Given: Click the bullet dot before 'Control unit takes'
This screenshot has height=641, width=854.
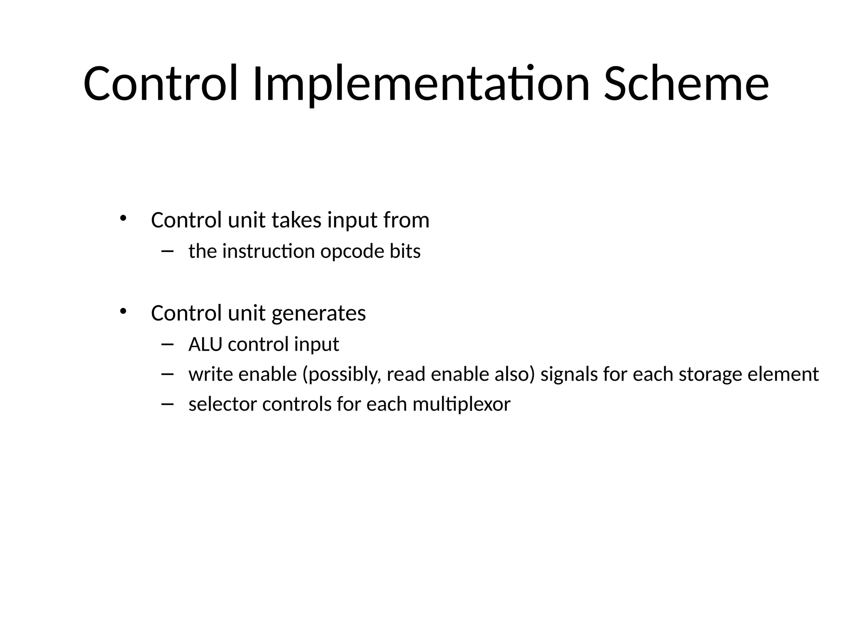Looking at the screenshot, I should pos(123,218).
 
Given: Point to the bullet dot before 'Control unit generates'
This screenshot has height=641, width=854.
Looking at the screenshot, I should pos(123,311).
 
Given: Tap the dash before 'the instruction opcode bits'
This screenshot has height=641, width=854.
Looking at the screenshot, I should pos(167,251).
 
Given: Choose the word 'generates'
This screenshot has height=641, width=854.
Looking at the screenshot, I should pos(319,313).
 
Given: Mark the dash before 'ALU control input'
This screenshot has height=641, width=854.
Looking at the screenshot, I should pos(167,344).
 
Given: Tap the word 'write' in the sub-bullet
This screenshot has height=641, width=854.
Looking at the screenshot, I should pos(210,374).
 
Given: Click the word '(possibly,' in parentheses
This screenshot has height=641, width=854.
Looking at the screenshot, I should pos(342,374).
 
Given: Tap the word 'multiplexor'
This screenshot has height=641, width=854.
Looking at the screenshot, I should pos(461,404).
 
